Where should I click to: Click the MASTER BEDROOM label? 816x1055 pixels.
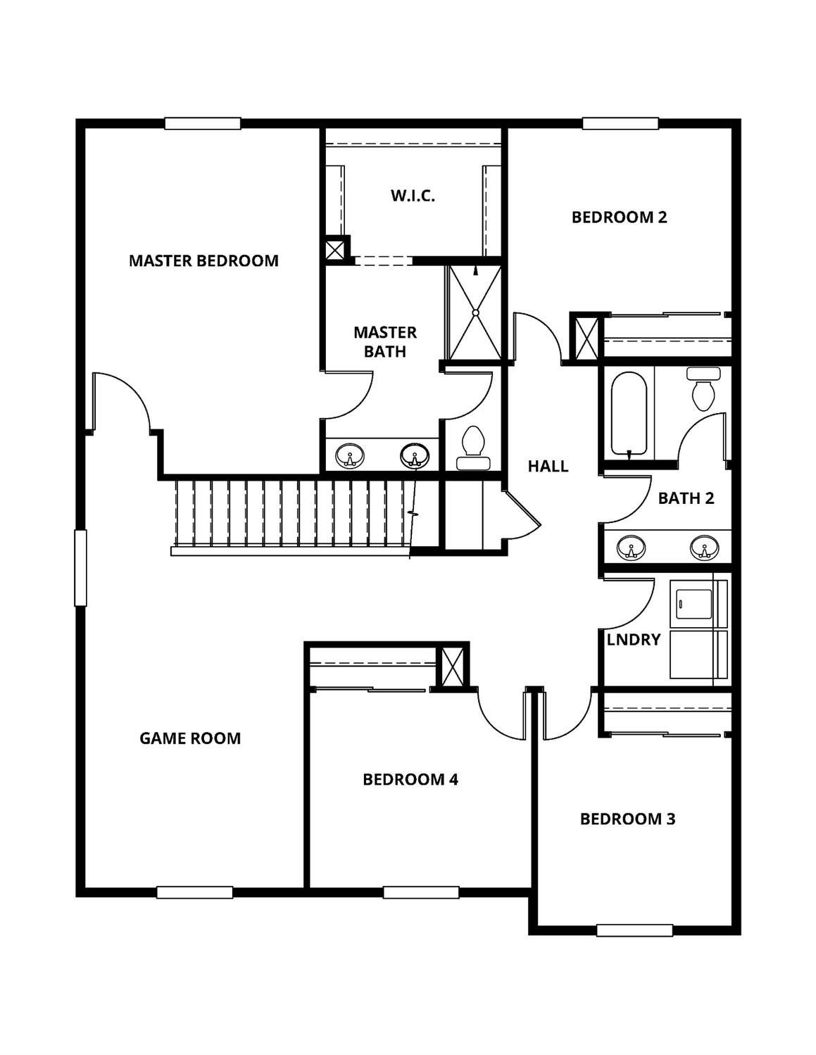[x=203, y=260]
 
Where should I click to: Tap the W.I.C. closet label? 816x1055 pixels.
[x=413, y=196]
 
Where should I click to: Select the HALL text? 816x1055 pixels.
[x=548, y=466]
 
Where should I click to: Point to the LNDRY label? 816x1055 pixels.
[x=634, y=640]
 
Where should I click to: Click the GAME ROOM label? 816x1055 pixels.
[x=190, y=738]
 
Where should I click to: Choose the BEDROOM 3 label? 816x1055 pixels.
[x=627, y=819]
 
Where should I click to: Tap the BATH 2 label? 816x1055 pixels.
[x=686, y=498]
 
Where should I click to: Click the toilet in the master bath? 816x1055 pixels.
[x=472, y=448]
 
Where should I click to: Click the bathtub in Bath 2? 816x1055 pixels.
[x=629, y=414]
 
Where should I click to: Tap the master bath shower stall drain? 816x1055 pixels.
[x=475, y=312]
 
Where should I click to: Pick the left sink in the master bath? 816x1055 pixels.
[x=349, y=455]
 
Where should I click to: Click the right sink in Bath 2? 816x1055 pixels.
[x=704, y=547]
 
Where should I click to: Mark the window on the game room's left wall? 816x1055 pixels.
[x=80, y=567]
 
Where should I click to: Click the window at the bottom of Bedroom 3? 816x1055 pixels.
[x=634, y=930]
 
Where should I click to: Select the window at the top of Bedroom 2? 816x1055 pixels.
[x=620, y=124]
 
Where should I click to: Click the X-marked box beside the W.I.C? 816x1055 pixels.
[x=336, y=249]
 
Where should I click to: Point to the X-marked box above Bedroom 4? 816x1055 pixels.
[x=451, y=666]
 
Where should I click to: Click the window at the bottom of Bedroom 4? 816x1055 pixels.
[x=421, y=892]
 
